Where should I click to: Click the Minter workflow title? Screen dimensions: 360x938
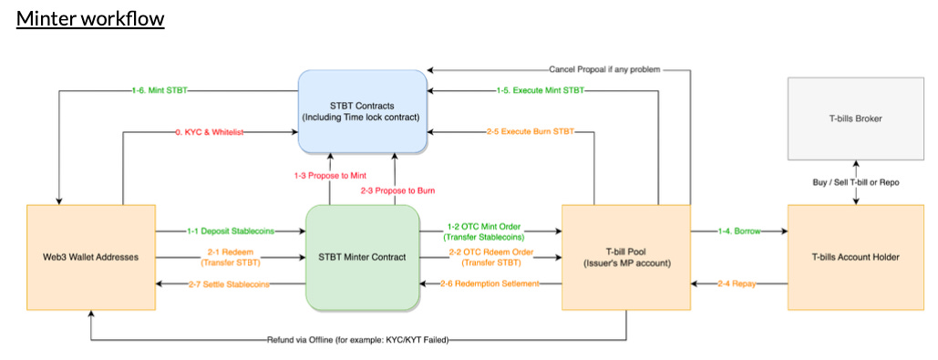tap(89, 18)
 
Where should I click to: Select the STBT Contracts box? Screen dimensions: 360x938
tap(362, 110)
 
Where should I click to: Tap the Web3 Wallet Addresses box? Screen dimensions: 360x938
tap(90, 257)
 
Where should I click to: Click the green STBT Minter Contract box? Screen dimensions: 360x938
tap(362, 257)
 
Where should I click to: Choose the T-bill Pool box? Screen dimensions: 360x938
tap(625, 257)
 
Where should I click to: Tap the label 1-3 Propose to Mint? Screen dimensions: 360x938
tap(331, 173)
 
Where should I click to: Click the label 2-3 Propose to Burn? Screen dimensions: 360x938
tap(397, 190)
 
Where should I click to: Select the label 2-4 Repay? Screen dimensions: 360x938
tap(739, 284)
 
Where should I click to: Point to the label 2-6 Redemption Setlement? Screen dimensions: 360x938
tap(490, 284)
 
